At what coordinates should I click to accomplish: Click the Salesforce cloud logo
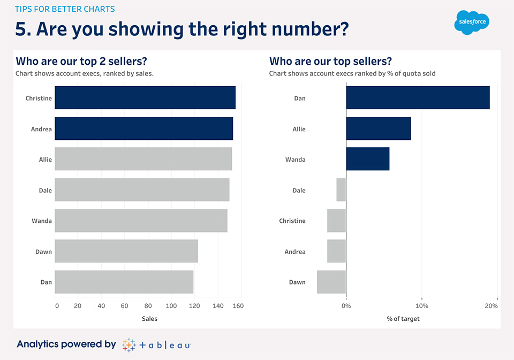click(x=472, y=23)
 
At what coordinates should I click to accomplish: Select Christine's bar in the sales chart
click(x=145, y=98)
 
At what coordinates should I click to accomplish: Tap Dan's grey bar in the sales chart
click(x=124, y=282)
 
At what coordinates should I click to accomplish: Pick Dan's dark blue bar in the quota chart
click(x=418, y=98)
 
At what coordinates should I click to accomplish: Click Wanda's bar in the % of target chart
click(x=368, y=160)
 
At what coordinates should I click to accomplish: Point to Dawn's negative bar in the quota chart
click(x=331, y=282)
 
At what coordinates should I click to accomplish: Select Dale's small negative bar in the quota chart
click(x=341, y=190)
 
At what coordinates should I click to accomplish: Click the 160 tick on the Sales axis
click(x=238, y=306)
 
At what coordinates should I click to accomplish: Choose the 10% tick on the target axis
click(x=422, y=306)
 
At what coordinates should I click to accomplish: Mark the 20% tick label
click(x=491, y=306)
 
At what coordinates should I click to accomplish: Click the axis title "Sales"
click(x=149, y=319)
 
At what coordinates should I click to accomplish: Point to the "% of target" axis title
click(x=403, y=319)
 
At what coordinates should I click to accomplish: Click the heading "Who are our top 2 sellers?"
click(x=82, y=61)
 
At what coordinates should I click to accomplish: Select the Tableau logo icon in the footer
click(x=128, y=344)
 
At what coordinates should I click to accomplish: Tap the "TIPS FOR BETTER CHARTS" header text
click(x=65, y=9)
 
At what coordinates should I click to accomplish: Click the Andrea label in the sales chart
click(x=41, y=129)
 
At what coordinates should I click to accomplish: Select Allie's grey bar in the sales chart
click(x=143, y=160)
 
